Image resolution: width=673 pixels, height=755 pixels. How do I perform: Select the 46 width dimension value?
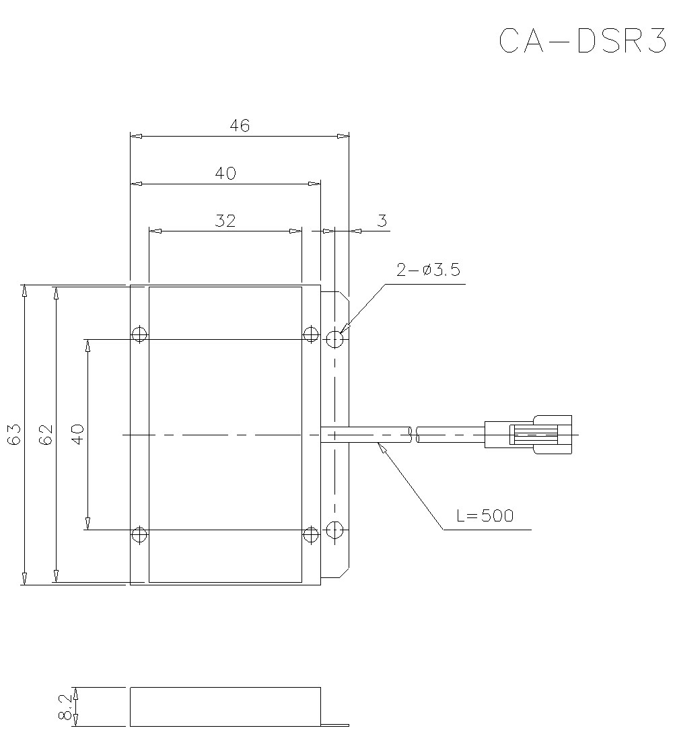[x=240, y=125]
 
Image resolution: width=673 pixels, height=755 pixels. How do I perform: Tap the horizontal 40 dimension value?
[x=225, y=173]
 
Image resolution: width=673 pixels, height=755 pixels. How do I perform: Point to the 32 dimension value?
[x=225, y=220]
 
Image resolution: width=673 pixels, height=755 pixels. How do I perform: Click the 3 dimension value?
[x=382, y=220]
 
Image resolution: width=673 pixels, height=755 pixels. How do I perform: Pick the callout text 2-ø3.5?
[x=428, y=271]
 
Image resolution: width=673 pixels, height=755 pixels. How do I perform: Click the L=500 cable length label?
[x=485, y=516]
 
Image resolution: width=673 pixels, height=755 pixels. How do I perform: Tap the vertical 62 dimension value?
[x=46, y=435]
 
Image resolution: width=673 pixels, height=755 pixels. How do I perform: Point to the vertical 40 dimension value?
[x=77, y=434]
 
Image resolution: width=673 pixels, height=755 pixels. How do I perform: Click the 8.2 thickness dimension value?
[x=65, y=707]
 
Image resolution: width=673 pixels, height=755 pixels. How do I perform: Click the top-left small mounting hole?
[x=139, y=334]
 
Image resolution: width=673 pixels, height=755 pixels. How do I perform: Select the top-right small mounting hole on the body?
[x=310, y=334]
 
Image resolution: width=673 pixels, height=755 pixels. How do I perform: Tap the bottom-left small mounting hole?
[x=139, y=535]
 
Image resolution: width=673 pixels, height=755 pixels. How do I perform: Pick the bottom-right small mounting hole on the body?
[x=310, y=535]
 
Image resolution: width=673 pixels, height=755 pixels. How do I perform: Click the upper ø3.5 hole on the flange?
[x=335, y=339]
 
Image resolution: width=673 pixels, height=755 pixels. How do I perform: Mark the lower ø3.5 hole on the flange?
[x=335, y=530]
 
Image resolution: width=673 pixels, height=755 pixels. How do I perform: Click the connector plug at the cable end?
[x=528, y=435]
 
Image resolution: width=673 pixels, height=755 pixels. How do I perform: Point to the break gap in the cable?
[x=415, y=435]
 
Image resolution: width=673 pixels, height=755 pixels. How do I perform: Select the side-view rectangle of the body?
[x=225, y=707]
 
